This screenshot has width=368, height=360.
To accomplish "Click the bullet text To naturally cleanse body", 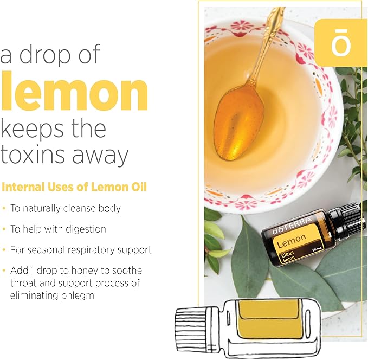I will (65, 208).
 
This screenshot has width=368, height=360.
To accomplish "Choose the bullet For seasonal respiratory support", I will (81, 250).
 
